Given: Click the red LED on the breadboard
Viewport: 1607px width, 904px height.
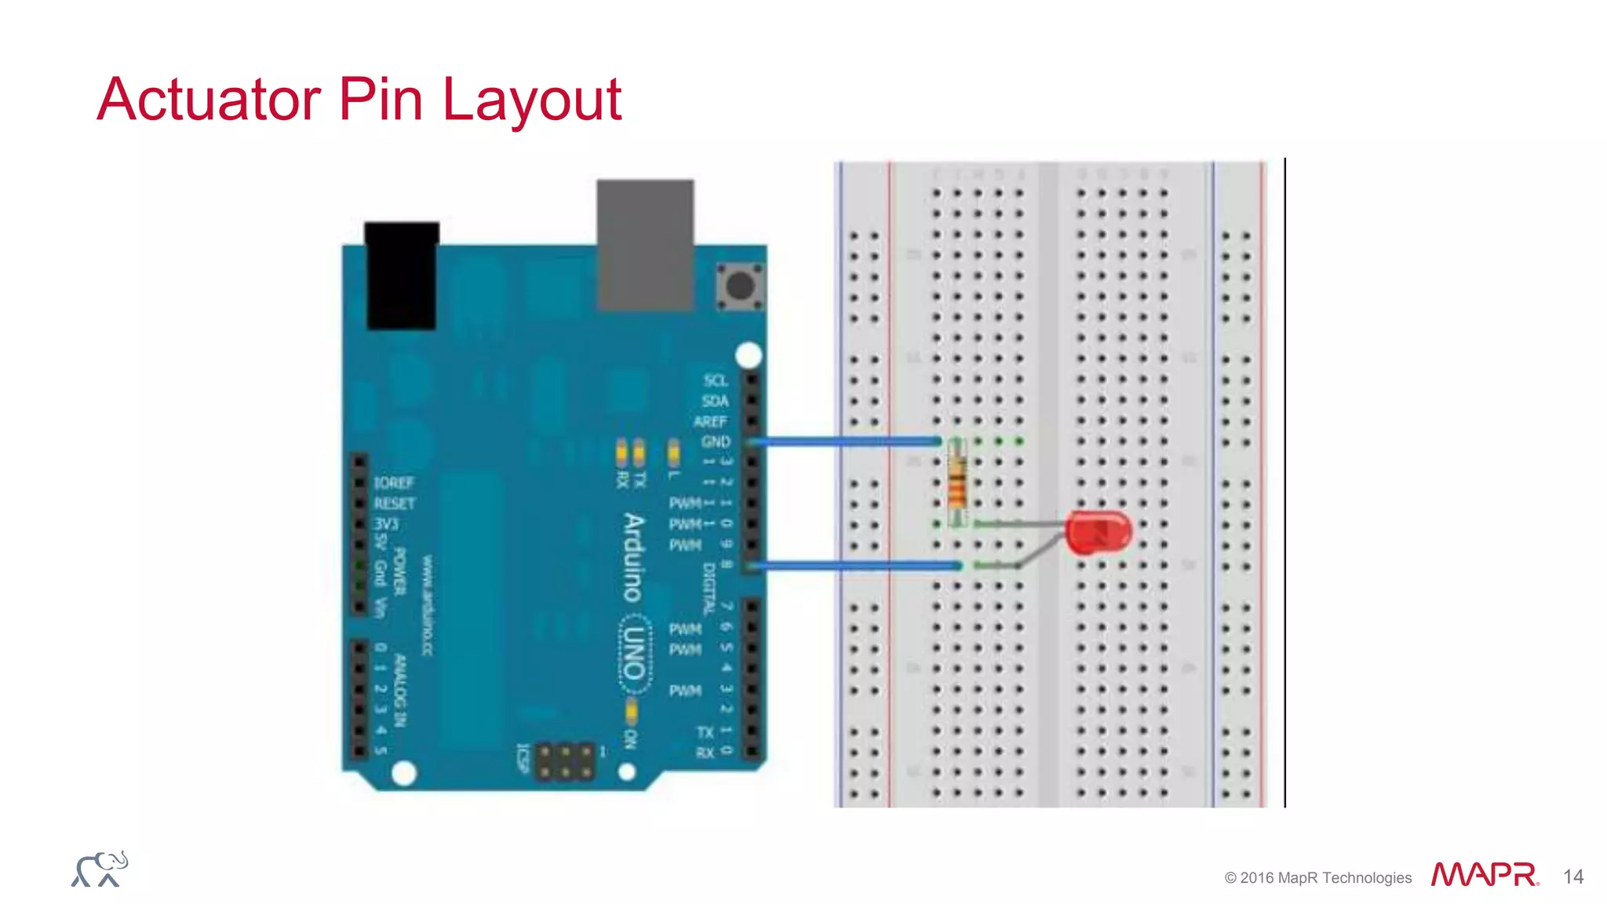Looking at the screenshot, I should (x=1099, y=532).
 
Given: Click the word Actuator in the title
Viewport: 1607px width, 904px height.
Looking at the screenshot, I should (x=209, y=100).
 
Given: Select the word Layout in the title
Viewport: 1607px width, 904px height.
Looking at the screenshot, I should (x=532, y=100).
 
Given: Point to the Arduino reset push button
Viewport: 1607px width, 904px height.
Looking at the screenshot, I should (x=740, y=286).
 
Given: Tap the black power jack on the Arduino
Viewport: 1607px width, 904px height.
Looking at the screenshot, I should (x=402, y=276).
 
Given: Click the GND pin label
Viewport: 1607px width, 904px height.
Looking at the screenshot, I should (x=716, y=442).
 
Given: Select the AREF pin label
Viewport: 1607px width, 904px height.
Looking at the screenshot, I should (x=711, y=421).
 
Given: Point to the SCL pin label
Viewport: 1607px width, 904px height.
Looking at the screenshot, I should (x=716, y=381).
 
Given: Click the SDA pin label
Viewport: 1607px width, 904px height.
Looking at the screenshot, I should (x=715, y=401).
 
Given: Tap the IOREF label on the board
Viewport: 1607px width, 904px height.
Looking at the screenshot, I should (x=393, y=483).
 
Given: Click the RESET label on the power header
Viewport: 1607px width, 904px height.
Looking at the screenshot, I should (x=394, y=503).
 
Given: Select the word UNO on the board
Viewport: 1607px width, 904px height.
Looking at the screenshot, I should (x=634, y=654).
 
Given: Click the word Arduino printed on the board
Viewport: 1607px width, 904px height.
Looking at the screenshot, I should (x=633, y=557).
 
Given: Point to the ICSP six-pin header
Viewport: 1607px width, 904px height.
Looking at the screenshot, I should (x=565, y=761).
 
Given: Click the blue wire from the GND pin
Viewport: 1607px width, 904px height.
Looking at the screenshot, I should (x=847, y=442).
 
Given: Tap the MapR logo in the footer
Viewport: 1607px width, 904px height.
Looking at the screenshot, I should (x=1484, y=874).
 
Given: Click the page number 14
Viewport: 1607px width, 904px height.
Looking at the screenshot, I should (x=1572, y=877).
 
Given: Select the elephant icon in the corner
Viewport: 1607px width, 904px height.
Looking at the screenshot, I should (x=100, y=869).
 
